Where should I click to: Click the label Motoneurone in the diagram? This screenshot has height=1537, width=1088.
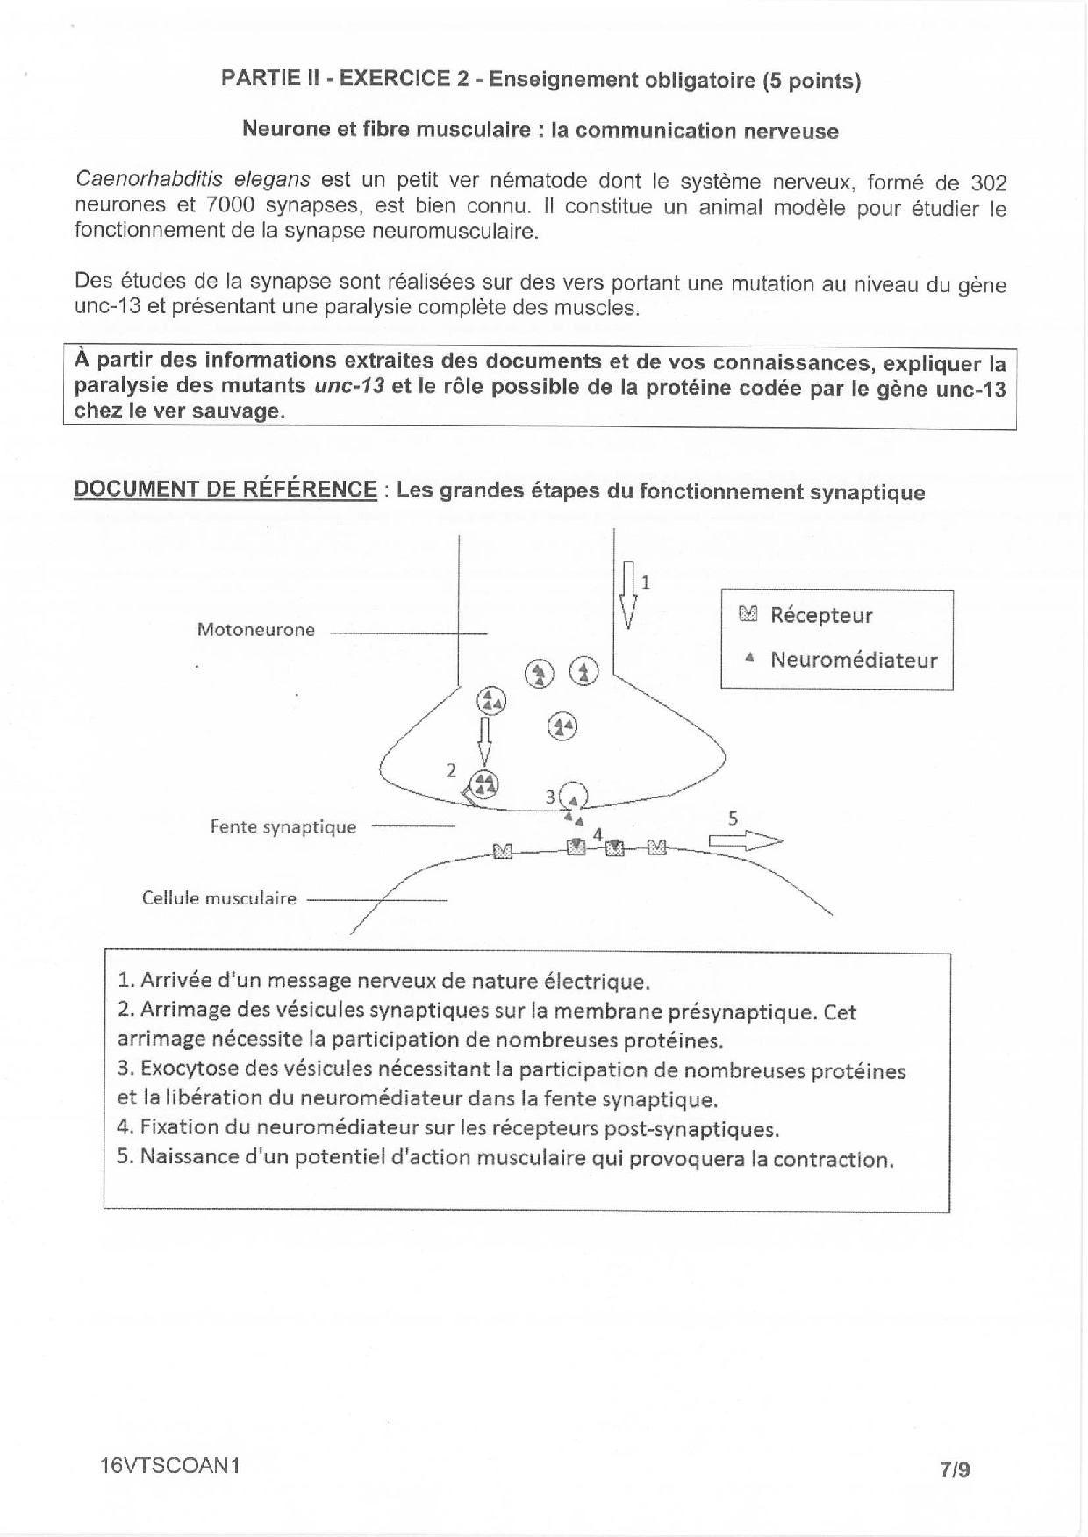tap(255, 629)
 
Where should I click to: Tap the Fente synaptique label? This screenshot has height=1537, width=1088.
tap(283, 826)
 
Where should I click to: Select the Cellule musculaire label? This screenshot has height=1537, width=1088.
tap(218, 898)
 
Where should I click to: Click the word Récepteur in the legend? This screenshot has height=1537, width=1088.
tap(821, 615)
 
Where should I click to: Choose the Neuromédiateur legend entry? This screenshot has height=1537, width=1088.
tap(853, 660)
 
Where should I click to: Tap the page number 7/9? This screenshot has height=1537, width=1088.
tap(955, 1469)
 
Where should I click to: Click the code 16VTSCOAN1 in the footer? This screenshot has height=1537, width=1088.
tap(170, 1466)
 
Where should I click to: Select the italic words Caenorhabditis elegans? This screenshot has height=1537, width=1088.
tap(192, 180)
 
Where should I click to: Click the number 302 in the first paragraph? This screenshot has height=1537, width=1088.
tap(988, 183)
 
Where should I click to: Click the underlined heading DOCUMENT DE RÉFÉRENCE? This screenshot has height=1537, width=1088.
tap(225, 490)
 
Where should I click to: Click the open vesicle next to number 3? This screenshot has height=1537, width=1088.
tap(573, 796)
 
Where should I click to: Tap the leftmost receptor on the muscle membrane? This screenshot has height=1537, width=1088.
tap(502, 850)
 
